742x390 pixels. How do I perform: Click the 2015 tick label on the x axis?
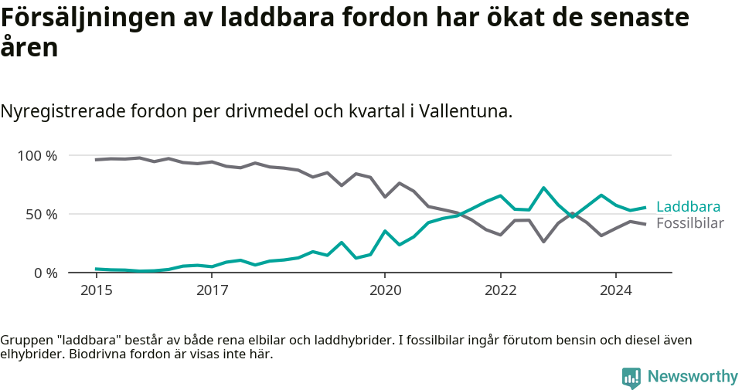pos(96,291)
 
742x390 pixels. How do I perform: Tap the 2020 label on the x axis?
pos(385,291)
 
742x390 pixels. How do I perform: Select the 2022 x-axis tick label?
pos(500,291)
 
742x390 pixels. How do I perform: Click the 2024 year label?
pos(616,291)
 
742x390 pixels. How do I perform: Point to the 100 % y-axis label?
pos(38,156)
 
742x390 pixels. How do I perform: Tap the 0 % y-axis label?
pos(46,273)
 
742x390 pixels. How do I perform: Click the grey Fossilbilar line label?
pos(689,224)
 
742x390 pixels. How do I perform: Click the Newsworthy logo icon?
pos(631,377)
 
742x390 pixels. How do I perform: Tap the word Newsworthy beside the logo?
pos(693,377)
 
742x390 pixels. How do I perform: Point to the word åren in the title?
pos(29,48)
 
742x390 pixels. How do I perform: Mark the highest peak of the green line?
pos(544,188)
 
